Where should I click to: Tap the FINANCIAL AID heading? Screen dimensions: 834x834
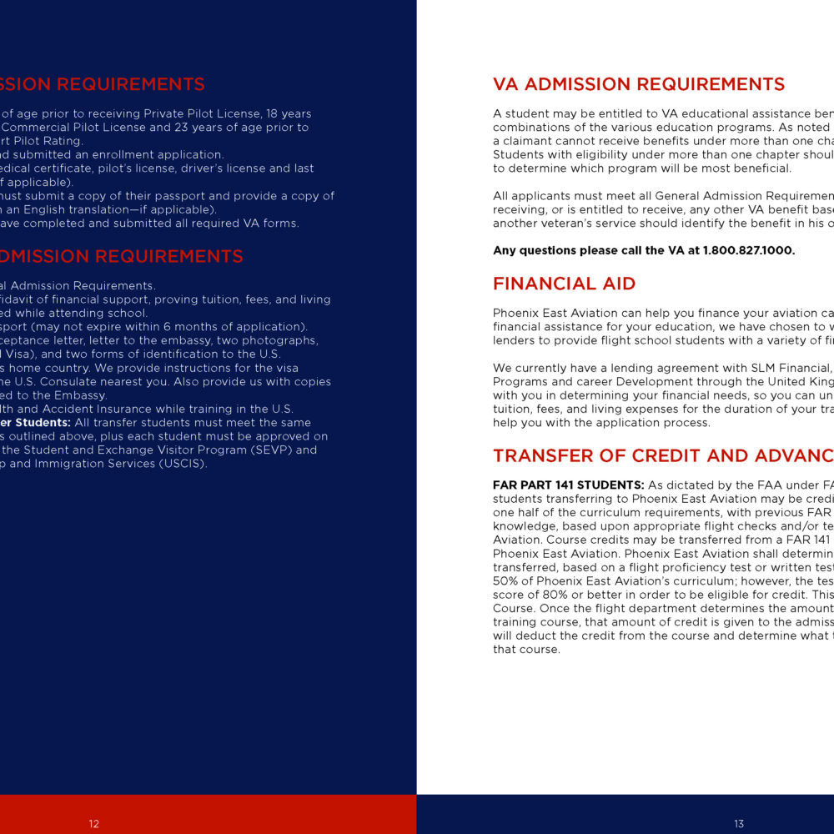[x=564, y=284]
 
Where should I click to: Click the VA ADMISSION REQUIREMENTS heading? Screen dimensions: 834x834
[x=639, y=84]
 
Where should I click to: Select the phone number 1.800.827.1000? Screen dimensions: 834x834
[x=749, y=250]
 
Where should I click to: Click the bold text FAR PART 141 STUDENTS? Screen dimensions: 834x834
[x=569, y=485]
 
